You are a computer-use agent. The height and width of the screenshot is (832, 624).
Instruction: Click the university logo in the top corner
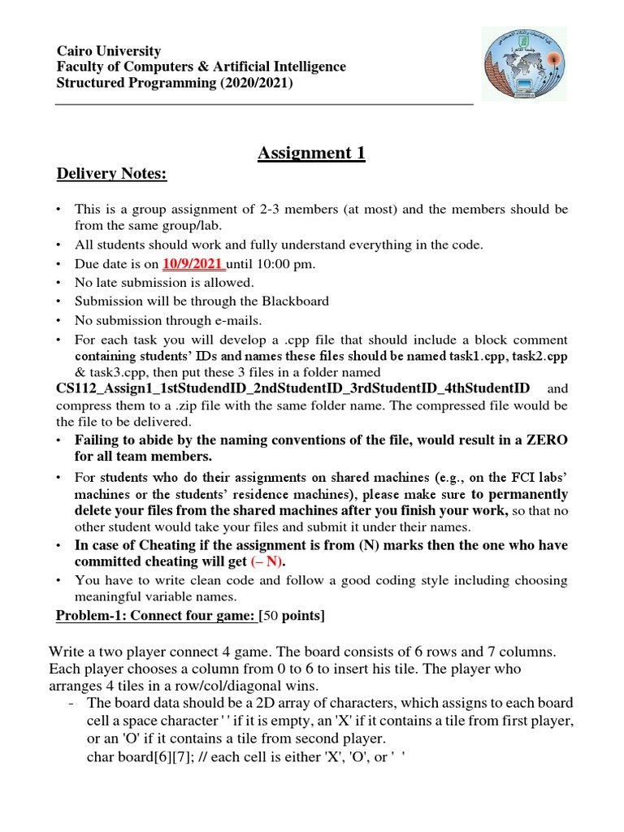pyautogui.click(x=525, y=63)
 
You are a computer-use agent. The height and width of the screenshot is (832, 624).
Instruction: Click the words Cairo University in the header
pyautogui.click(x=108, y=50)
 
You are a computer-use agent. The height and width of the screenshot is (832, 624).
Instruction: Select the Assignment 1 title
pyautogui.click(x=311, y=153)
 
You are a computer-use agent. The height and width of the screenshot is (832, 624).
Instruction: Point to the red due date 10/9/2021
pyautogui.click(x=193, y=263)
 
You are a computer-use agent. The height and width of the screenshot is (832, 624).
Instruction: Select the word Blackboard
pyautogui.click(x=290, y=301)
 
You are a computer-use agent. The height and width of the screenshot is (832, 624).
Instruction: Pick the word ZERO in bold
pyautogui.click(x=546, y=440)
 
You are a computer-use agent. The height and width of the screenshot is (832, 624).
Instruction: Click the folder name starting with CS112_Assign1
pyautogui.click(x=292, y=388)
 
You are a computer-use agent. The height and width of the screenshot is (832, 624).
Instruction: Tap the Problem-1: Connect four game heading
pyautogui.click(x=154, y=615)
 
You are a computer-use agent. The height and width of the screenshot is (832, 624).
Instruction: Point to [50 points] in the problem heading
pyautogui.click(x=292, y=615)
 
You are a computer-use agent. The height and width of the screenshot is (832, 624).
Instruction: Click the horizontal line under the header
pyautogui.click(x=263, y=105)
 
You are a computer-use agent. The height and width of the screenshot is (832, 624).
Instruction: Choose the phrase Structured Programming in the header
pyautogui.click(x=128, y=83)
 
